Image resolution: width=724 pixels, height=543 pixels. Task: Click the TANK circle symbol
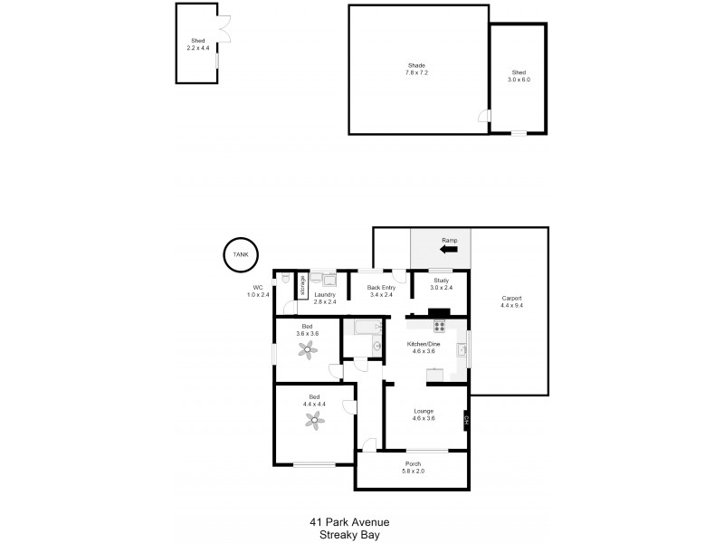pos(240,255)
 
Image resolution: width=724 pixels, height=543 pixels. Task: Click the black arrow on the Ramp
pos(449,249)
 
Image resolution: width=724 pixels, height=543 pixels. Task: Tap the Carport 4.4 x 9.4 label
pos(511,302)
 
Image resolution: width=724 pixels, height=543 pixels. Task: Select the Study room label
pos(441,284)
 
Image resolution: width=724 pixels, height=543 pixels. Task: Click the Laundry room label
pos(325,298)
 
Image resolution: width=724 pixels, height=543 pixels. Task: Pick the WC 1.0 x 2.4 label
pos(259,291)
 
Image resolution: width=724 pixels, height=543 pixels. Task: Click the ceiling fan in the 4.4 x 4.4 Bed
pos(314,418)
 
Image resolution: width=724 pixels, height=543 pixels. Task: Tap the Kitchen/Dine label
pos(424,348)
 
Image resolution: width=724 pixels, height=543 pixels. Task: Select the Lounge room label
pos(424,414)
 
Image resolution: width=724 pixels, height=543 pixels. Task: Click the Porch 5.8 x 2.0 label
pos(413,468)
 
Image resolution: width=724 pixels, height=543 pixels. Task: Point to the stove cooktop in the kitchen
pos(440,327)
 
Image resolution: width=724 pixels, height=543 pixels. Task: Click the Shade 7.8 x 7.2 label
pos(417,69)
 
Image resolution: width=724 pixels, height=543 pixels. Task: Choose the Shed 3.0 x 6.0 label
pos(519,76)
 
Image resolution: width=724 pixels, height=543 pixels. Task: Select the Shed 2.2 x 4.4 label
pos(197,44)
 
